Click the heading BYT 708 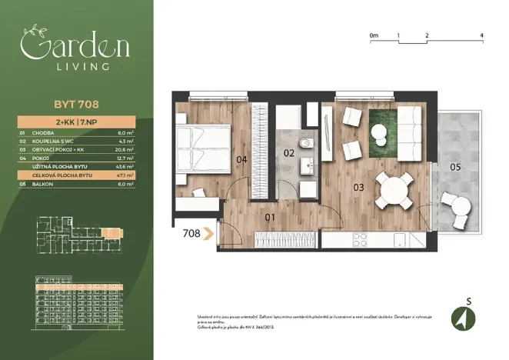75,106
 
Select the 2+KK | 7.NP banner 75,122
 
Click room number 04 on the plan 241,160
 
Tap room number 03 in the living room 358,187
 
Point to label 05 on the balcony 455,167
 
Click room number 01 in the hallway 270,218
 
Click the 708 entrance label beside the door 192,232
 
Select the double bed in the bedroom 203,146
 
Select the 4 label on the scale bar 481,35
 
